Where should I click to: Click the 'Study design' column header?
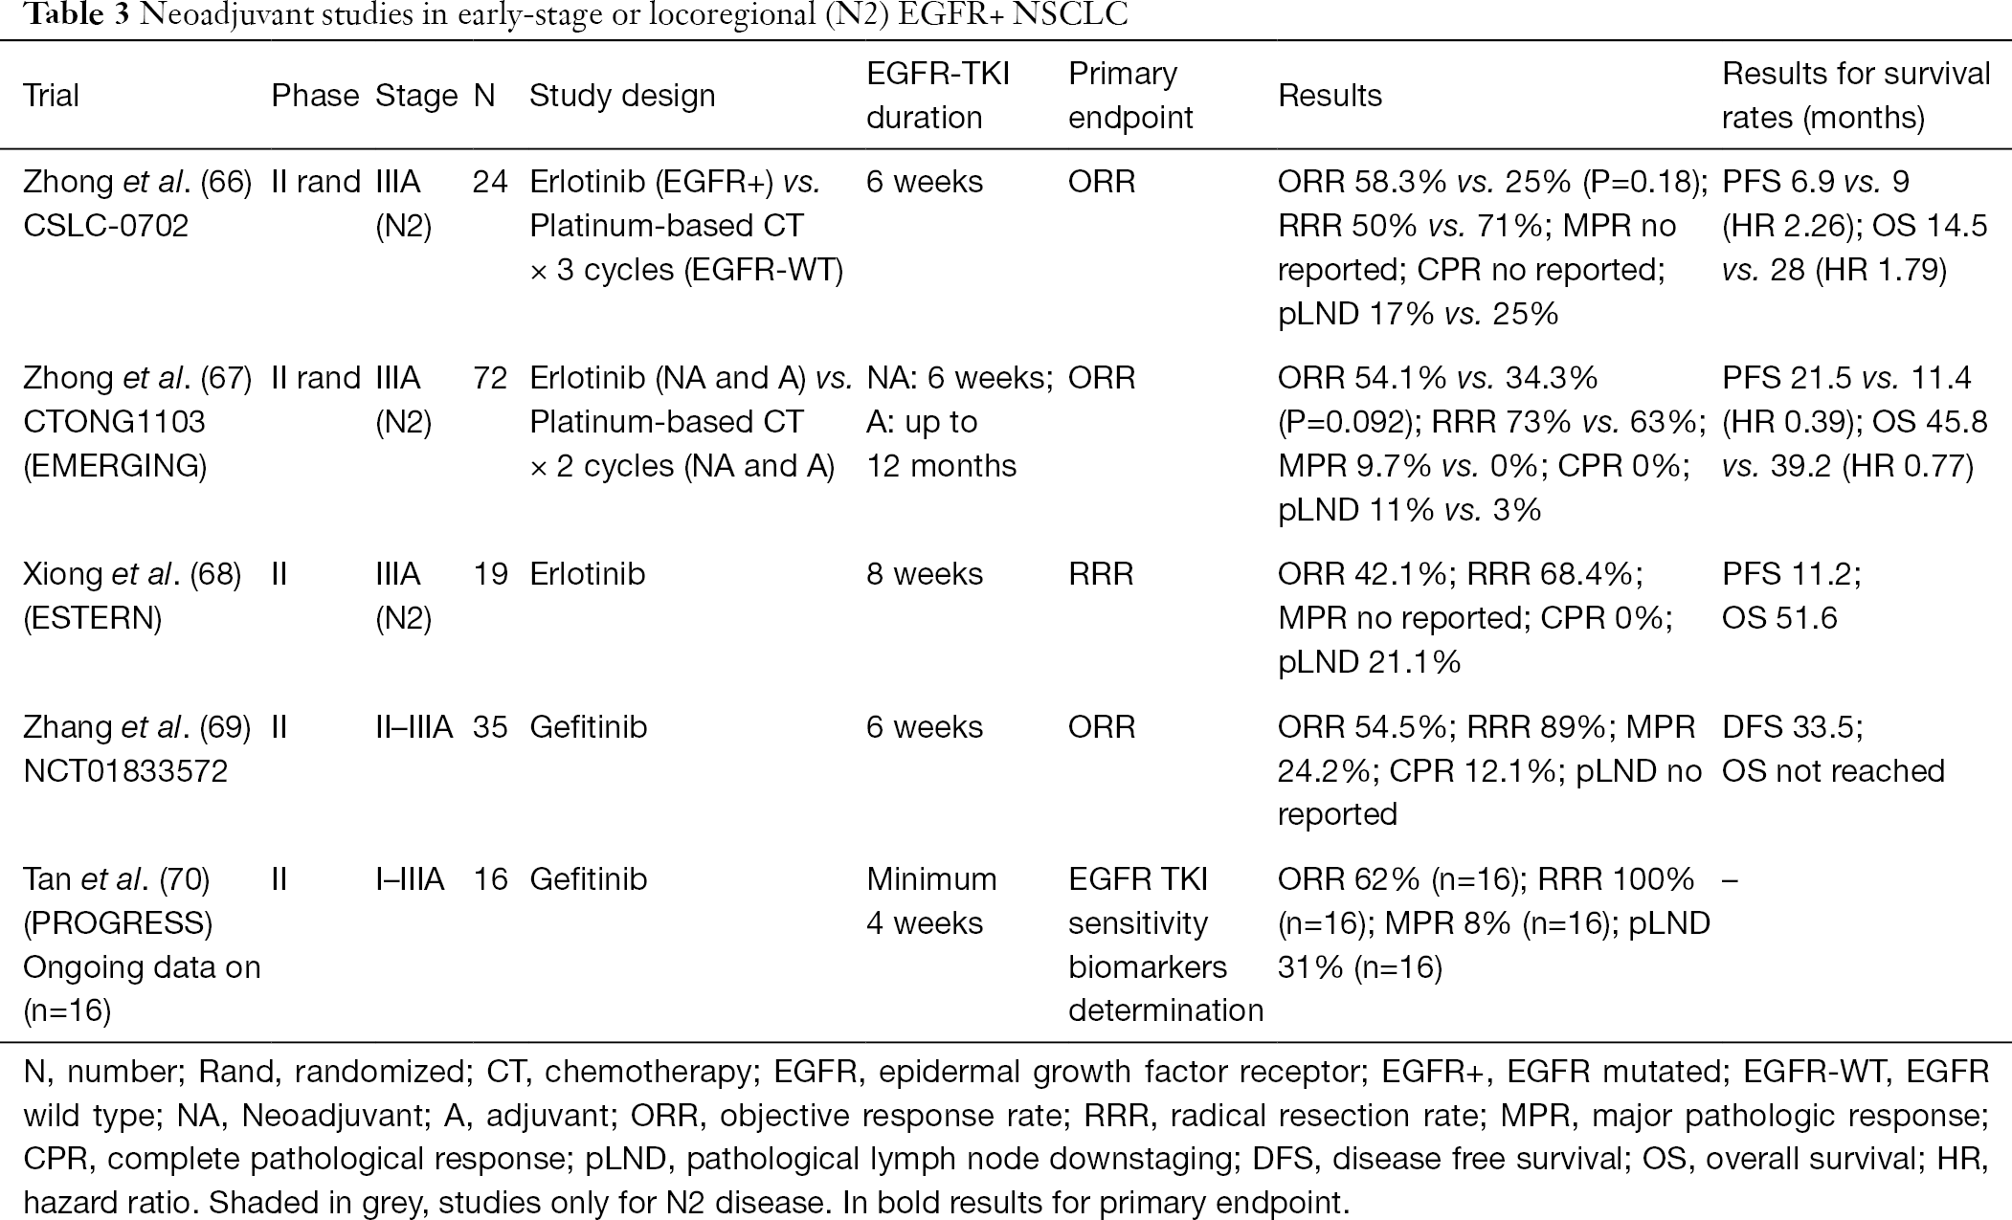pyautogui.click(x=622, y=96)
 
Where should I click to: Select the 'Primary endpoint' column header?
pyautogui.click(x=1130, y=96)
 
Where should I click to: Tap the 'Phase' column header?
pyautogui.click(x=315, y=96)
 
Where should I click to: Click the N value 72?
pyautogui.click(x=490, y=378)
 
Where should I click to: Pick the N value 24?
pyautogui.click(x=490, y=182)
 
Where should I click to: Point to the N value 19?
pyautogui.click(x=490, y=574)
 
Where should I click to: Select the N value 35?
pyautogui.click(x=490, y=727)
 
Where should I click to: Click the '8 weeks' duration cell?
pyautogui.click(x=925, y=574)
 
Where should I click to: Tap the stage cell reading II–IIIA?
pyautogui.click(x=414, y=727)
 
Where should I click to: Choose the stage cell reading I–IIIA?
pyautogui.click(x=410, y=879)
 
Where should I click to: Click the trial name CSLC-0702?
pyautogui.click(x=105, y=226)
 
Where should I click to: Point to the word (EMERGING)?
pyautogui.click(x=115, y=466)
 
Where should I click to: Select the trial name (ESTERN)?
pyautogui.click(x=92, y=618)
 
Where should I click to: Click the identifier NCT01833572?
pyautogui.click(x=125, y=771)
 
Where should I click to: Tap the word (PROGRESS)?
pyautogui.click(x=118, y=923)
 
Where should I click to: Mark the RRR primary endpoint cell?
pyautogui.click(x=1101, y=574)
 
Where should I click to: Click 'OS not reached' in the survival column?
pyautogui.click(x=1833, y=771)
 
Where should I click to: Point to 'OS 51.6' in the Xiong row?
pyautogui.click(x=1779, y=618)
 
